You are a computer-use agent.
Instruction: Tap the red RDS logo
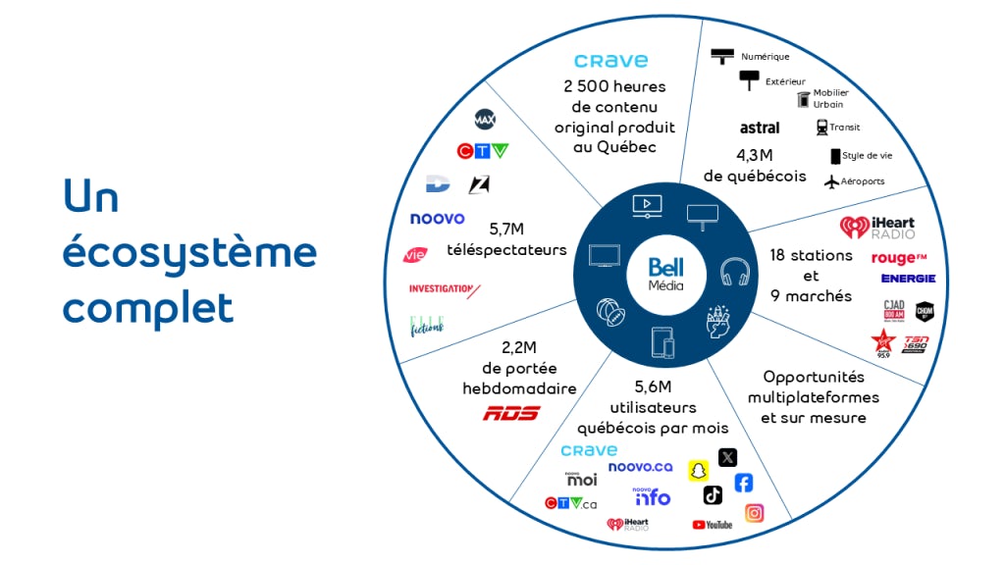point(511,413)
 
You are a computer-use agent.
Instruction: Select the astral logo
point(760,128)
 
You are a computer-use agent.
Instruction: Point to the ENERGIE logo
point(908,279)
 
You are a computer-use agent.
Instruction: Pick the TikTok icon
point(713,494)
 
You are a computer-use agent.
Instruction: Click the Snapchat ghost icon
point(698,471)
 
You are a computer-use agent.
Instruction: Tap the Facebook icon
point(743,483)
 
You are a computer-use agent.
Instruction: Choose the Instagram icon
point(754,513)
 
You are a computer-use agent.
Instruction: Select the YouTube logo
point(713,525)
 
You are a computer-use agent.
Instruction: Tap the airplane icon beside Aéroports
point(832,180)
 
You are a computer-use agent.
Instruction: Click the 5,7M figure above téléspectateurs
point(506,230)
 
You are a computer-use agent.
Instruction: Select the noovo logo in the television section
point(438,219)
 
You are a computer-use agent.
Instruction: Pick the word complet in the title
point(148,307)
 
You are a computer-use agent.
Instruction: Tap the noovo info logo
point(652,496)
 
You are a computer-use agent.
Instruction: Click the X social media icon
point(727,457)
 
